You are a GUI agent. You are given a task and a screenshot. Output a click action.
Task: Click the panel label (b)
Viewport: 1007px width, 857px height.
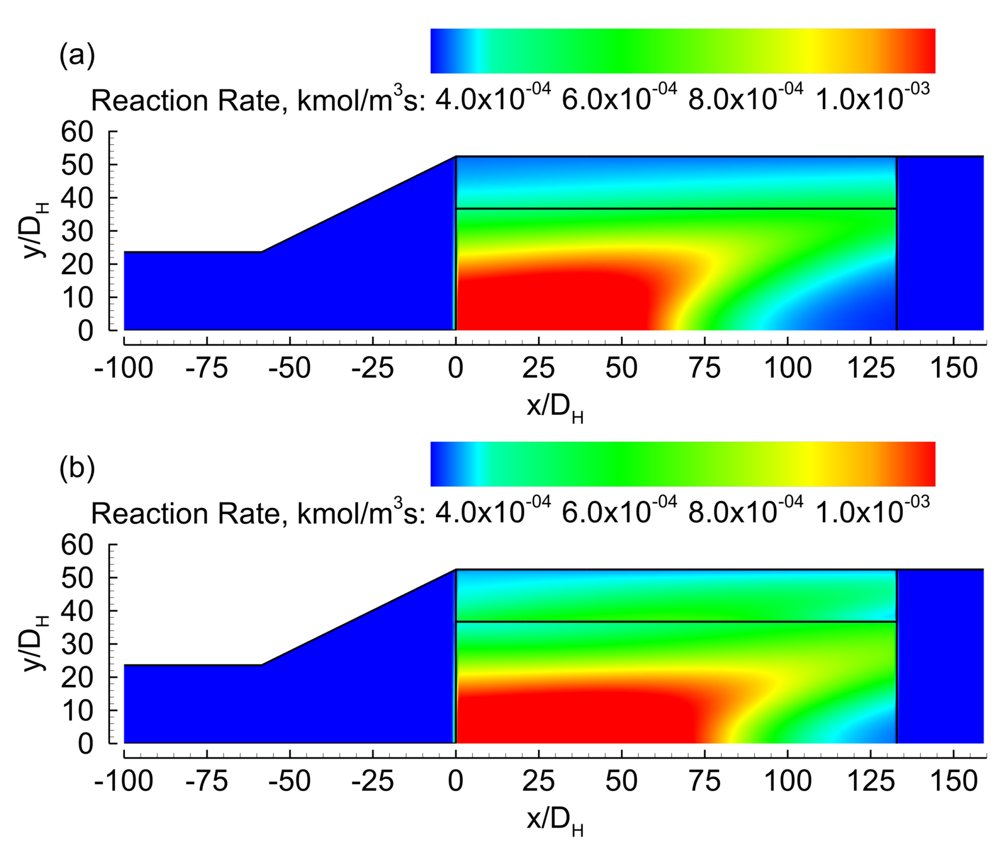(77, 468)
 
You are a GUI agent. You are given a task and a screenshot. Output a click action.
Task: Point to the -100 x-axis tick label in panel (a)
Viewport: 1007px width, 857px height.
(124, 368)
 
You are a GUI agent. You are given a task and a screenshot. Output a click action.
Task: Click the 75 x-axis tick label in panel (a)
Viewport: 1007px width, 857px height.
(705, 368)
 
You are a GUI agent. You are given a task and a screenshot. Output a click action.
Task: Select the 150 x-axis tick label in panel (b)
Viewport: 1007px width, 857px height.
(953, 781)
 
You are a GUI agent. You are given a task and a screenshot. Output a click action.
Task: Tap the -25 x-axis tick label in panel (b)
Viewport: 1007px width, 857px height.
(372, 781)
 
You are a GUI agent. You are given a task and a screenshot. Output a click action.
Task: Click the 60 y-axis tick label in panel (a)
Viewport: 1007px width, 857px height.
(77, 132)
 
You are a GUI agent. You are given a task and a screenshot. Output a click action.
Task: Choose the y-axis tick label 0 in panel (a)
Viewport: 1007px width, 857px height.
(85, 331)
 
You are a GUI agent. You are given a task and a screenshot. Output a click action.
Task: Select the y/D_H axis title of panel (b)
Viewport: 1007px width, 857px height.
(35, 644)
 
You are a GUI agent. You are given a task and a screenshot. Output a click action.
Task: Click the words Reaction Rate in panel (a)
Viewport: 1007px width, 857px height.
(187, 101)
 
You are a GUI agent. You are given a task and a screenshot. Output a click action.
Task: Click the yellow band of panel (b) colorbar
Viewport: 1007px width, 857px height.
(804, 464)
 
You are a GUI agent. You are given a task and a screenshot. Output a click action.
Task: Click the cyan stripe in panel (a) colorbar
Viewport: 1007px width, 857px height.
(479, 51)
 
